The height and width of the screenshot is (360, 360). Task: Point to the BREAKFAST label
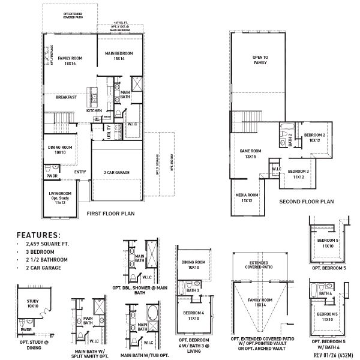(x=66, y=97)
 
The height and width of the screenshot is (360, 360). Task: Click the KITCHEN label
(x=94, y=111)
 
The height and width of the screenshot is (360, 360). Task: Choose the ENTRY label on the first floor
(x=80, y=172)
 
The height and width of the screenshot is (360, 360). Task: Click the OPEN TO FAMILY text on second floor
(x=260, y=59)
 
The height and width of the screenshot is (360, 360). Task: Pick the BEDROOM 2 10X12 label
(x=314, y=138)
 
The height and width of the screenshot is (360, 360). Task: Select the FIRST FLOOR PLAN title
(x=112, y=213)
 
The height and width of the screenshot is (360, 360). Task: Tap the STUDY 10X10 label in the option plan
(x=33, y=304)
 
